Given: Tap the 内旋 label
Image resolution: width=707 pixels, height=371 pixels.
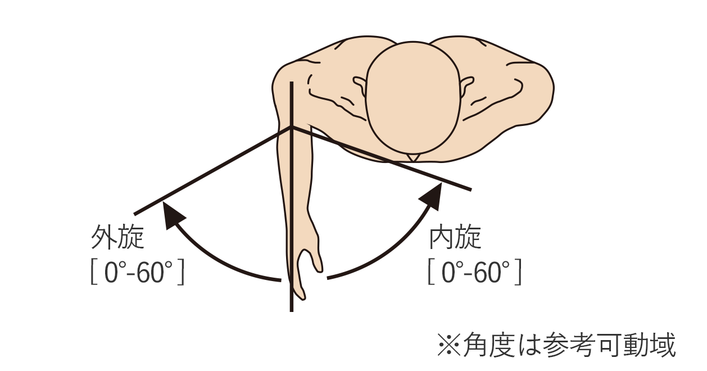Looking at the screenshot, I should [x=455, y=238].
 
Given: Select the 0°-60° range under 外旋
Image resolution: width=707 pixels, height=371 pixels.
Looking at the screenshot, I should [x=138, y=273].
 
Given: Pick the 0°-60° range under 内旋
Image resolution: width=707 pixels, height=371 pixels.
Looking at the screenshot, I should [x=475, y=273].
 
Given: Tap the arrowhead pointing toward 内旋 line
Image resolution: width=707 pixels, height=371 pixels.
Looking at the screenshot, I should [x=430, y=196].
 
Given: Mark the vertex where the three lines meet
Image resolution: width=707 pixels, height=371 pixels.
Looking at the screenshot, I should [x=291, y=128].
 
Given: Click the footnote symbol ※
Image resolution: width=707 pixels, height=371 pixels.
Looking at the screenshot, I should [x=448, y=345].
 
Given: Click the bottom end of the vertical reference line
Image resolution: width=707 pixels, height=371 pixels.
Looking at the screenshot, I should [x=291, y=310].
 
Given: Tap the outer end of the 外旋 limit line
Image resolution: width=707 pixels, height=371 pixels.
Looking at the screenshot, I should [x=135, y=214].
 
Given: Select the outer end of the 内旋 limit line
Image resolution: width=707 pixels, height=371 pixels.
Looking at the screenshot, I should [x=469, y=188].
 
